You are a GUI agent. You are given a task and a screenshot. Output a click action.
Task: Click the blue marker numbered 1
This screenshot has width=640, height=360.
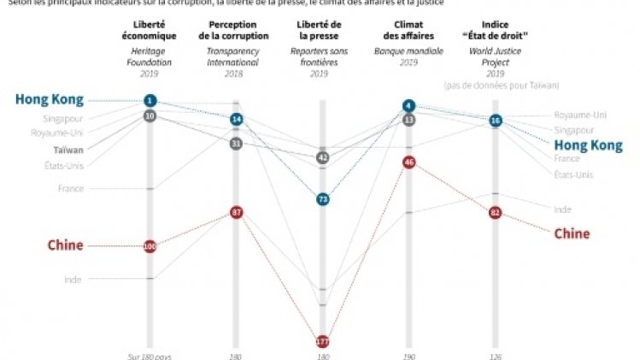[150, 101]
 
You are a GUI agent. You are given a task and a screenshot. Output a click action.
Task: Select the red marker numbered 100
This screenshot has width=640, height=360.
[150, 246]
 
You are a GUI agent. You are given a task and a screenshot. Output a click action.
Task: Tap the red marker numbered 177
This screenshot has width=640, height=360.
[322, 341]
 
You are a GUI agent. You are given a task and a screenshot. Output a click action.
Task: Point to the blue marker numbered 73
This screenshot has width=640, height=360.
[322, 199]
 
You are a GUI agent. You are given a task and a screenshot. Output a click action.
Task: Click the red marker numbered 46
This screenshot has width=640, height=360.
[409, 162]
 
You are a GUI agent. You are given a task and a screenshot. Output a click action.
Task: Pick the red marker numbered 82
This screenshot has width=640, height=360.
[495, 212]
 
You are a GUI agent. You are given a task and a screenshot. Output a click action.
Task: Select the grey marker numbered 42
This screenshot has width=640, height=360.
[322, 157]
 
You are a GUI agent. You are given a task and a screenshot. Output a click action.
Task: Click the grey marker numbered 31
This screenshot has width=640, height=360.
[236, 144]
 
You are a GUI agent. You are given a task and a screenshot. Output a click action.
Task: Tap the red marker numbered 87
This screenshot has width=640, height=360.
[236, 211]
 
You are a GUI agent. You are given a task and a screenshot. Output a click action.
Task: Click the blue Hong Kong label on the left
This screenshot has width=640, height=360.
[50, 100]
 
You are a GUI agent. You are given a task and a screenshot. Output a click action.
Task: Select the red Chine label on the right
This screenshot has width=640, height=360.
[572, 233]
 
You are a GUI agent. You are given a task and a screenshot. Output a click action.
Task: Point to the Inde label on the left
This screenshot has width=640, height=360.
[73, 279]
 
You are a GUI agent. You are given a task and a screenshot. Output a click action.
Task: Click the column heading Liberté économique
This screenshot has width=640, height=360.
[150, 31]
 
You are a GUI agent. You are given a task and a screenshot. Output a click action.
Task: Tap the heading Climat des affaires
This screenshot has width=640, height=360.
[409, 31]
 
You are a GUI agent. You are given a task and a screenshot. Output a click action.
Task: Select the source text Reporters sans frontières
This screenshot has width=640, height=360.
[322, 56]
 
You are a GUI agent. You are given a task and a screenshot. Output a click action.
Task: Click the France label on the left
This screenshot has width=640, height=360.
[70, 188]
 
